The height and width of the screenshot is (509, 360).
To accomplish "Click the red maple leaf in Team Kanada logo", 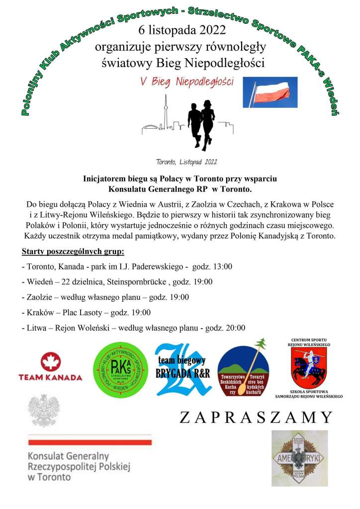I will pos(50,361).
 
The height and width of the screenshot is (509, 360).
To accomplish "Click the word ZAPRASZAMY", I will pos(256,417).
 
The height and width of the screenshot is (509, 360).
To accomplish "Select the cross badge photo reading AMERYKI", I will pos(299,458).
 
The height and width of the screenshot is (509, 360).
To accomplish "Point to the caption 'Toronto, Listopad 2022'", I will pos(186,162).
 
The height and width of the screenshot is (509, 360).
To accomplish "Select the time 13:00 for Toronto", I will pos(222,266).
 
